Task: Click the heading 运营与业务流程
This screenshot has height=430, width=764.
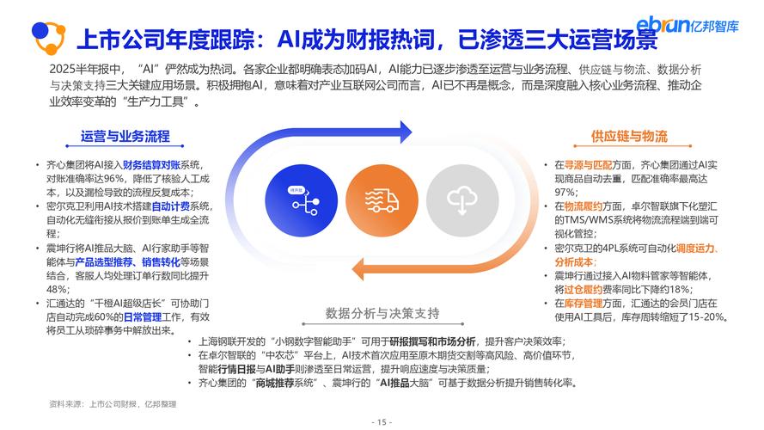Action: click(x=125, y=136)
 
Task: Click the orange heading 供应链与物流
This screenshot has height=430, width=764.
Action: click(x=629, y=136)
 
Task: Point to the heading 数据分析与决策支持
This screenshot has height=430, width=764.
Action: click(x=382, y=311)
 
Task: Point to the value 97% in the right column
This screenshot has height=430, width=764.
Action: click(x=565, y=192)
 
